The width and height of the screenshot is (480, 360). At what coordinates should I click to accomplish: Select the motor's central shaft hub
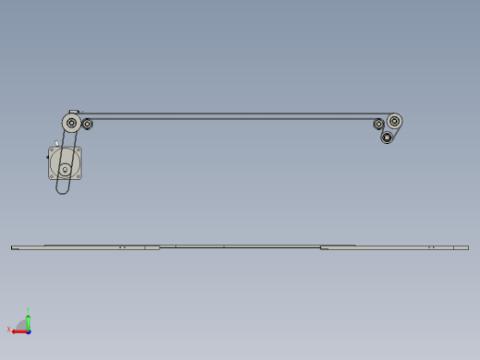[65, 169]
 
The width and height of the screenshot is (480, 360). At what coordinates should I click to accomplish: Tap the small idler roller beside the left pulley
[88, 124]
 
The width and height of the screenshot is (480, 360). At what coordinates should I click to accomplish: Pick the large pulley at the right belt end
[395, 121]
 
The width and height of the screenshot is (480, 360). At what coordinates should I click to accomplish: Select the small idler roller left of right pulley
[378, 125]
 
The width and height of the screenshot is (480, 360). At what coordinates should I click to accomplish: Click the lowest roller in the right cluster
[387, 138]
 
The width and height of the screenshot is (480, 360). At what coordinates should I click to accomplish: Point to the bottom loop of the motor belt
[63, 191]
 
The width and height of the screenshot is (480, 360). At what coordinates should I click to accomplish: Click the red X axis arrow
[18, 330]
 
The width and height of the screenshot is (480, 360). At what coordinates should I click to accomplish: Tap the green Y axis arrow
[29, 319]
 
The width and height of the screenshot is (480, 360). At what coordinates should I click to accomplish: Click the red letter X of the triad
[9, 329]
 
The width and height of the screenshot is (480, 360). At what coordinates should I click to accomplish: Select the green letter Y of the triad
[30, 310]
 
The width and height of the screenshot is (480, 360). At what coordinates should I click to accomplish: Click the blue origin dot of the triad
[29, 330]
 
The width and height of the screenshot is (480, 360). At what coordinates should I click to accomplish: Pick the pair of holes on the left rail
[122, 247]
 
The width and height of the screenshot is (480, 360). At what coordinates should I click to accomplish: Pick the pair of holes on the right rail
[430, 247]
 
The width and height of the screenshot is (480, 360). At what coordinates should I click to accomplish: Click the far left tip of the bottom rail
[13, 247]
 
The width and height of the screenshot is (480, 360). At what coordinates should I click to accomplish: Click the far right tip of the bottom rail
[467, 247]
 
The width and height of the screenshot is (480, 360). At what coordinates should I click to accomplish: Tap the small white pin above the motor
[57, 145]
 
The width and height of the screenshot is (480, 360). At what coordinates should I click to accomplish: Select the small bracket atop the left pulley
[75, 112]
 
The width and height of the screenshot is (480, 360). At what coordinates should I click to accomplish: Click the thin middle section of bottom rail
[240, 247]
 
